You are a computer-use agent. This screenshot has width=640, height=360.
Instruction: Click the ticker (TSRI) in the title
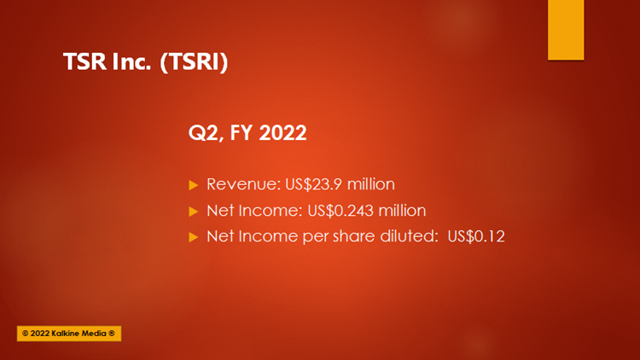[x=194, y=62]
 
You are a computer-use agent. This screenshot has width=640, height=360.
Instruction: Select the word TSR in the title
[x=84, y=61]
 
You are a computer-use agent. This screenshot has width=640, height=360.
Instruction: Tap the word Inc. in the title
[x=131, y=61]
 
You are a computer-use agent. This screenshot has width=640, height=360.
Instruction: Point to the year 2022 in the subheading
[x=282, y=132]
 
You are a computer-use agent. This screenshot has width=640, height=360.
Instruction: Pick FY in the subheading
[x=241, y=132]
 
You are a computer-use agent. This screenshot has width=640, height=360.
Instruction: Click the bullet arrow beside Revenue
[x=194, y=185]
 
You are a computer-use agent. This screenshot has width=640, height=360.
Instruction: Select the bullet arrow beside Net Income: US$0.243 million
[x=194, y=211]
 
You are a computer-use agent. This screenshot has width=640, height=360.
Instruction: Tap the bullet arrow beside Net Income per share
[x=194, y=237]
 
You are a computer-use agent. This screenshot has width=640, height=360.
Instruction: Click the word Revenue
[x=244, y=184]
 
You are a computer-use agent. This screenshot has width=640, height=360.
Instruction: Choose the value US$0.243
[x=340, y=211]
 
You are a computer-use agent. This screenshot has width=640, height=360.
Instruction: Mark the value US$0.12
[x=476, y=236]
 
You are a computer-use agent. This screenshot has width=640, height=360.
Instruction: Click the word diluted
[x=409, y=236]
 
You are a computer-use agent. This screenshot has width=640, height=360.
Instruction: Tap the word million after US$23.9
[x=370, y=184]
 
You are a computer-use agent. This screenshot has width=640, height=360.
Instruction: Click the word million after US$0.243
[x=402, y=211]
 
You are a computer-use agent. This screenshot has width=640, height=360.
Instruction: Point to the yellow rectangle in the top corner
[x=566, y=30]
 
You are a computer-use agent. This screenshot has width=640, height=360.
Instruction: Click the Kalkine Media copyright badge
[x=69, y=334]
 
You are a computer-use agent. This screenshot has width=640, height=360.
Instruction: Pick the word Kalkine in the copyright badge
[x=66, y=334]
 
